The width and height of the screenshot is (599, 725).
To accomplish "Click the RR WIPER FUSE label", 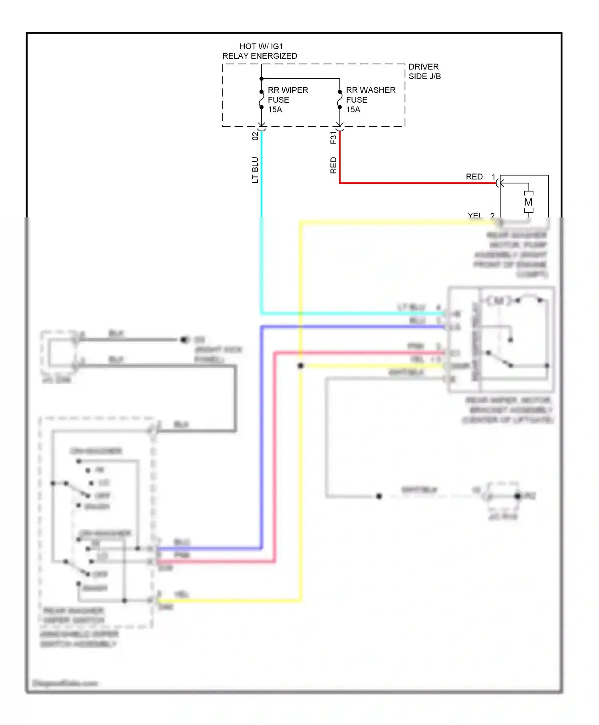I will [287, 100].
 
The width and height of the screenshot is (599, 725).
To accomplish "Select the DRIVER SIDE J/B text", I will [424, 72].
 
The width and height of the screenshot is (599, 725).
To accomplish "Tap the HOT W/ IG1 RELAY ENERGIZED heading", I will [260, 51].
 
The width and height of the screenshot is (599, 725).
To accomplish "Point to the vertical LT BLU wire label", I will [255, 170].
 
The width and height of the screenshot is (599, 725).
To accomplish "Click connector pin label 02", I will [255, 136].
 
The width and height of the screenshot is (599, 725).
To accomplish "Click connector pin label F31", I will [333, 137].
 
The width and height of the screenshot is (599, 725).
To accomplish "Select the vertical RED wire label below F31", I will [333, 165].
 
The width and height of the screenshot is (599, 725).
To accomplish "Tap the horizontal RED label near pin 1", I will [474, 177].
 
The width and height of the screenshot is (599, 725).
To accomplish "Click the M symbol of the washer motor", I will [528, 202].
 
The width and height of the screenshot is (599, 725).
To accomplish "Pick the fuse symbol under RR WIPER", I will [261, 100].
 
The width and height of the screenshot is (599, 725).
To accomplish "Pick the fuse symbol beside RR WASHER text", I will [339, 100].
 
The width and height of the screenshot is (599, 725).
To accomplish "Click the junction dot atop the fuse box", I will [262, 79].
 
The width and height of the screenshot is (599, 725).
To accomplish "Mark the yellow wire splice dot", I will [301, 366].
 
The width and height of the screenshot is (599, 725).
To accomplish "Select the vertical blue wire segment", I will [262, 440].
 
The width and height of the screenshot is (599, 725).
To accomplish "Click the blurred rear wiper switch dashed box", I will [96, 520].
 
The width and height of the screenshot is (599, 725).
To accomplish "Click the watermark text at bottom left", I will [65, 683].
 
